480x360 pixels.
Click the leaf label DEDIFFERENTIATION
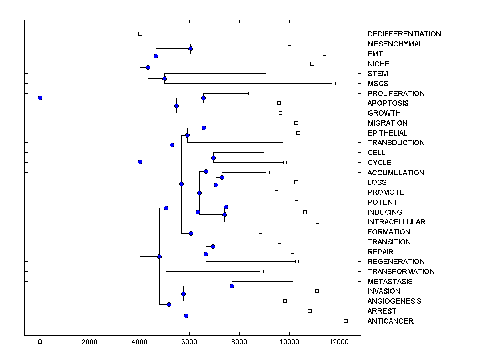[404, 34]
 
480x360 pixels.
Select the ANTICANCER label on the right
[390, 321]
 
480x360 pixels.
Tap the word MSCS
[378, 84]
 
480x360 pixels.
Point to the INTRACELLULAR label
[396, 222]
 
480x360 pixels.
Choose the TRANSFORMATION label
[401, 272]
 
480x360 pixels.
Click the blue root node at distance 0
[40, 98]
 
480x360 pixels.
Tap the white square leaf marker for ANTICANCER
[346, 321]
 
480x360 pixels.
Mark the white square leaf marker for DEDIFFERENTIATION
[140, 34]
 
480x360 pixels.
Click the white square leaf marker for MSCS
[334, 83]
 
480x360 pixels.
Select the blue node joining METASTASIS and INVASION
[232, 286]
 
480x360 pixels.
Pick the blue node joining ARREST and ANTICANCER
[186, 316]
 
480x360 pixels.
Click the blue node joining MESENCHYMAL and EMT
[190, 49]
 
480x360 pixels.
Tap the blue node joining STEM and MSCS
[164, 78]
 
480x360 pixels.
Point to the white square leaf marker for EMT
[324, 54]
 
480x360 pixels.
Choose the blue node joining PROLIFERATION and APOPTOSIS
[203, 98]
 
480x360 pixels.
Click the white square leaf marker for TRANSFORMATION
[262, 271]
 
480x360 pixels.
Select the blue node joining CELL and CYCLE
[213, 158]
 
